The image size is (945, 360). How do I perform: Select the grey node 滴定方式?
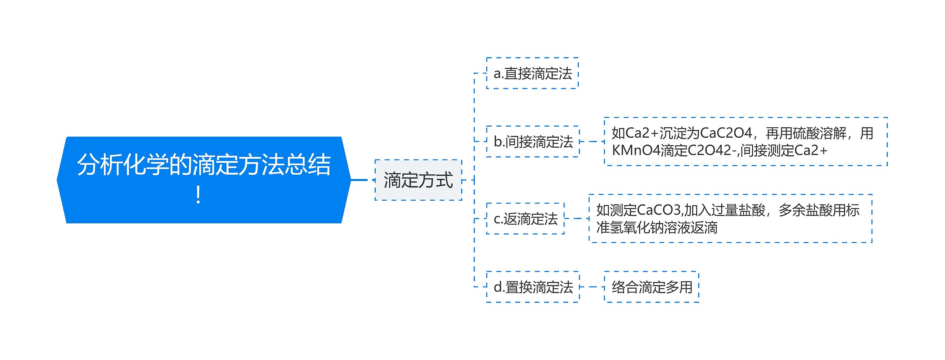click(x=418, y=180)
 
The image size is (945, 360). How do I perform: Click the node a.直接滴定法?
click(x=532, y=73)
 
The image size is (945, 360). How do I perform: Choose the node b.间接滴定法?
click(x=533, y=141)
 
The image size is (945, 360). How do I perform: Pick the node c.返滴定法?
click(x=525, y=219)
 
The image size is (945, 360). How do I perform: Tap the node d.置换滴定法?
click(x=533, y=287)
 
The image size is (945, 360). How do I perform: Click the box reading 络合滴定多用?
click(x=652, y=287)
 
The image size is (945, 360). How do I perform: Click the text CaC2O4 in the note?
click(x=726, y=133)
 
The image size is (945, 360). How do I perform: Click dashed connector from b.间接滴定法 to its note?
click(x=592, y=141)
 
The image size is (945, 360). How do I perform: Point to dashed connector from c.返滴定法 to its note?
click(x=577, y=219)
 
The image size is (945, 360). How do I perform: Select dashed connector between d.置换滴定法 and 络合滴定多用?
click(x=592, y=287)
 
